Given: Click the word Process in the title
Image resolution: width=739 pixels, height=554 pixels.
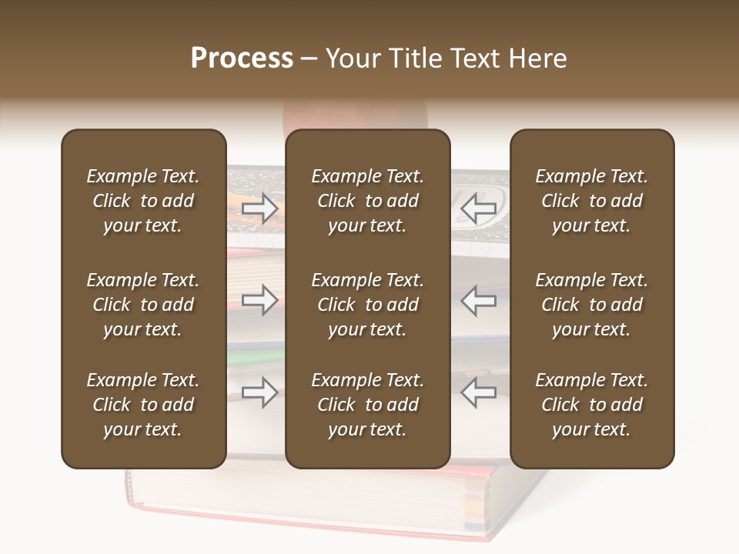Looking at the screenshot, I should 242,58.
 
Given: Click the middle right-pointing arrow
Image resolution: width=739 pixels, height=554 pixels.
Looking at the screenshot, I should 260,300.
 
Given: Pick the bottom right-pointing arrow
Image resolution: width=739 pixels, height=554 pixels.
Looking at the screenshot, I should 260,392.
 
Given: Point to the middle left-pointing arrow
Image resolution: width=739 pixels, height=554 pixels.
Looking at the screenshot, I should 478,300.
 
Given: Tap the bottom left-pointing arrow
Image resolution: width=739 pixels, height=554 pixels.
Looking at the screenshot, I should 478,392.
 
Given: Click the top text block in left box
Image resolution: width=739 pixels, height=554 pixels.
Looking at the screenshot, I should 143,201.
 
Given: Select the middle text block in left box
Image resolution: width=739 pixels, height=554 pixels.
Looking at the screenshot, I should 143,305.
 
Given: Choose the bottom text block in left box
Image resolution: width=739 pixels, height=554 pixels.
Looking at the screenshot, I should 143,405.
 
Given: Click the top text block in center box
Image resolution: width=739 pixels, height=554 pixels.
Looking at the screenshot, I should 367,201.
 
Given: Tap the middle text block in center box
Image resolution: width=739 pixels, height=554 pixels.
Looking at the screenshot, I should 367,305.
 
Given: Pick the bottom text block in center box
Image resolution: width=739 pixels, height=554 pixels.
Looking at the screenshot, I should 367,405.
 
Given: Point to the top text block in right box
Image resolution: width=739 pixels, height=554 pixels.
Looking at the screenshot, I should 591,201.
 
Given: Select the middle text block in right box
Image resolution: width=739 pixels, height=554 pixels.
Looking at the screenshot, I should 591,305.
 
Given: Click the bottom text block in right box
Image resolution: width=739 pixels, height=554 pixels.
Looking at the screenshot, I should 591,405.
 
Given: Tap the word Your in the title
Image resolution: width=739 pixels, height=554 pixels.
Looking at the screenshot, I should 350,58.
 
